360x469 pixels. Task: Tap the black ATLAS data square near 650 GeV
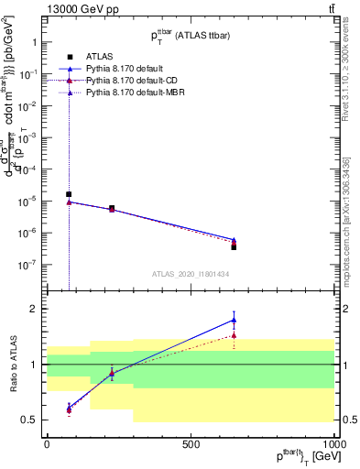pos(234,247)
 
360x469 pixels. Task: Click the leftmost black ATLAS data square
pos(69,194)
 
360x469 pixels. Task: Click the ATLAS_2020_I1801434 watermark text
pos(191,274)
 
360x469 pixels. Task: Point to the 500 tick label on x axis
pos(191,443)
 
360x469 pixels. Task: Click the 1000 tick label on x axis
pos(333,443)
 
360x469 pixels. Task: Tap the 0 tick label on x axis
pos(47,443)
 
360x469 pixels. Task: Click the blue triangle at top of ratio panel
pos(234,320)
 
